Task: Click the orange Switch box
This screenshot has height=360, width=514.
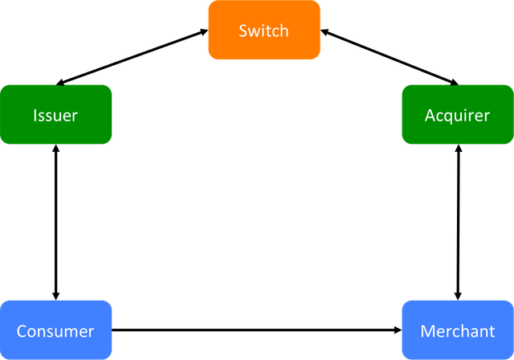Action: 264,30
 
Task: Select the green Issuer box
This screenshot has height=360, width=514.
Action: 55,114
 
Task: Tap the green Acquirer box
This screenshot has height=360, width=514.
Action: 458,114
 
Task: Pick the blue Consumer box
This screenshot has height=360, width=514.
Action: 55,330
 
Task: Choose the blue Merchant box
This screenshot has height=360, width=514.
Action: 458,330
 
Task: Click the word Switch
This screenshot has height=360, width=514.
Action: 264,31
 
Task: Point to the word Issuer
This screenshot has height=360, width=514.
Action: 55,116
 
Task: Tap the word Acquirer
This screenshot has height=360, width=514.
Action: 457,116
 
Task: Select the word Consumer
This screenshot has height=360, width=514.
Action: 55,331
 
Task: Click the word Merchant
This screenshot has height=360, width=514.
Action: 458,331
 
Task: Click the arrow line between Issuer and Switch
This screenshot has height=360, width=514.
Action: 132,57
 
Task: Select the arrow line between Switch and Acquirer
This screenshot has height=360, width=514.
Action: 390,57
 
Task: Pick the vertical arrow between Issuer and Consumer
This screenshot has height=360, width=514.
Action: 55,223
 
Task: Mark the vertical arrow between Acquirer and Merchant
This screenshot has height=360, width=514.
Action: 459,223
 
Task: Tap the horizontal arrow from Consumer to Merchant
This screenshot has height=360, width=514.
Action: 257,329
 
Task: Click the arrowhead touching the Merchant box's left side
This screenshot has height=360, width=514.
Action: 398,329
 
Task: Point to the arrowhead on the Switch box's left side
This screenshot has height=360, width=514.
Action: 205,31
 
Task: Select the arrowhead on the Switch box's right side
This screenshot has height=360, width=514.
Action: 324,32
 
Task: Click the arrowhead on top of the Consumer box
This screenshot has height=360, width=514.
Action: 55,297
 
